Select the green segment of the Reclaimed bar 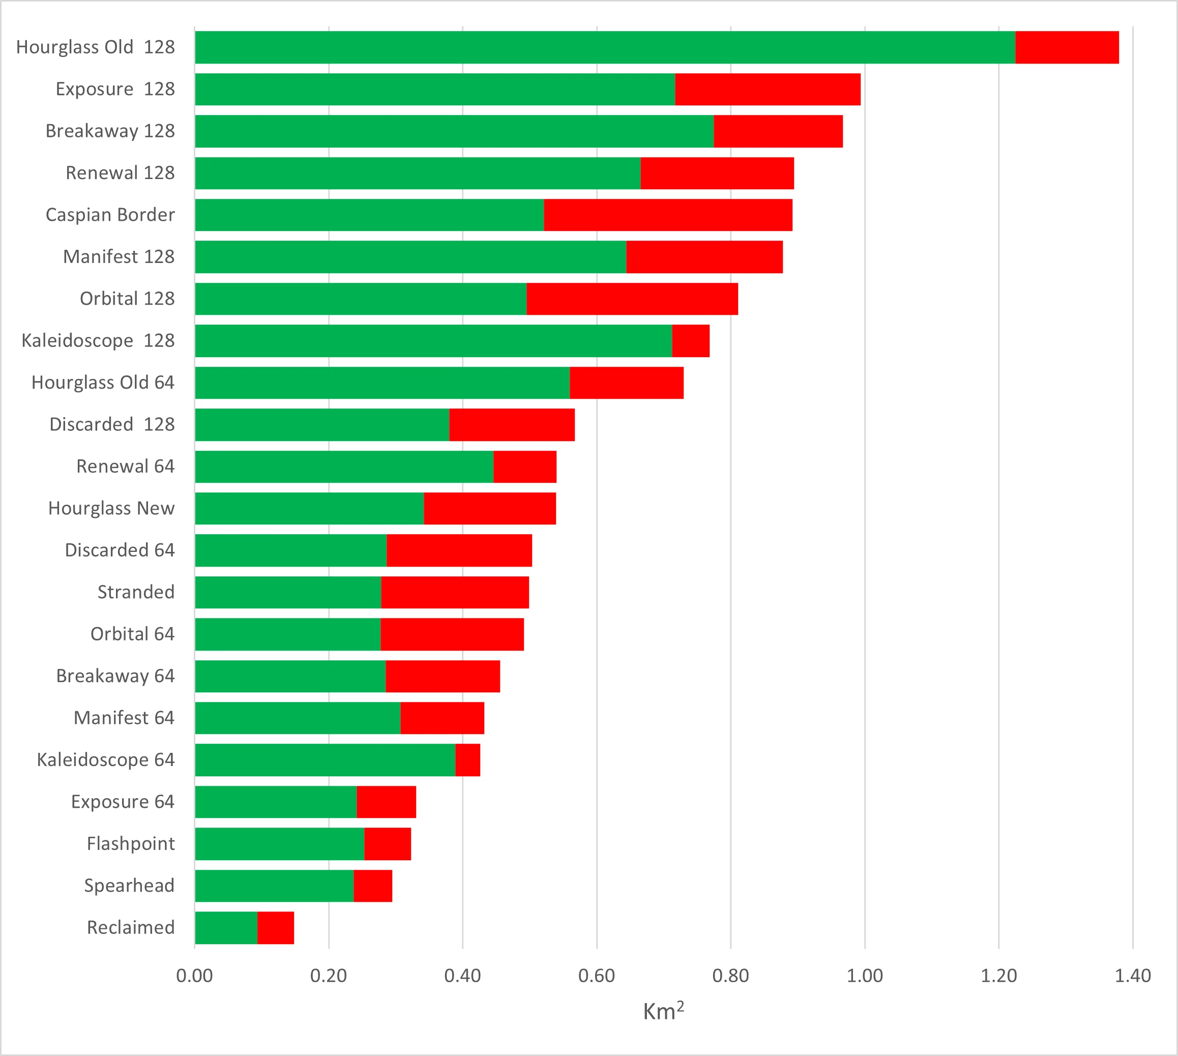226,928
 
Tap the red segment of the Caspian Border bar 668,215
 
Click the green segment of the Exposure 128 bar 435,90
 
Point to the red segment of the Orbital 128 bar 632,299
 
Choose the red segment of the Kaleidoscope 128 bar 691,341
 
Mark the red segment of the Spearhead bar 372,886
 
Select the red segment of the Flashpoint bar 387,844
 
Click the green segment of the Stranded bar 288,593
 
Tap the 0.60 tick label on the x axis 597,976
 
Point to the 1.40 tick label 1132,976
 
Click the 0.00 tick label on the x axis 194,976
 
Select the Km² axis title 663,1012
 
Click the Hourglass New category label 111,508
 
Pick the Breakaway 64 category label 115,676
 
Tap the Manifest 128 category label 119,256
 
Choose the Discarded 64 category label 120,550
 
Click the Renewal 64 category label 125,466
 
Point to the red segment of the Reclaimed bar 276,928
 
